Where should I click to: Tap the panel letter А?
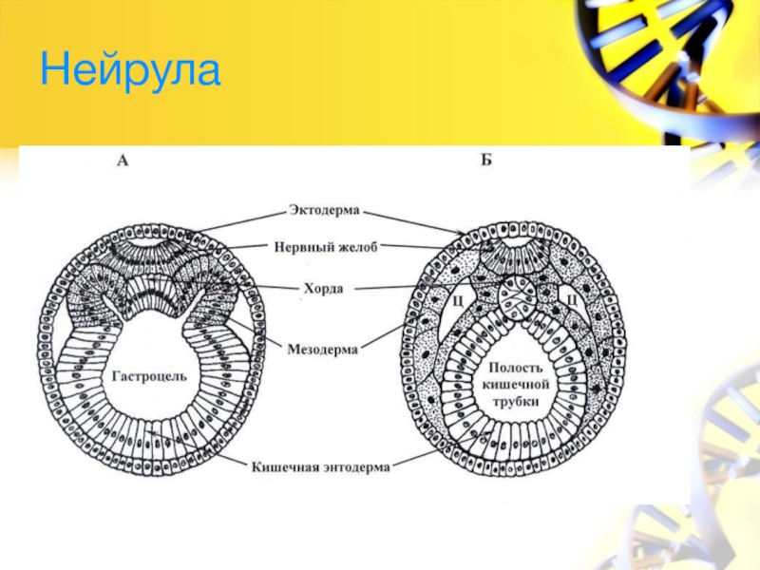pyautogui.click(x=122, y=161)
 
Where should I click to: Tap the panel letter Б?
pyautogui.click(x=485, y=161)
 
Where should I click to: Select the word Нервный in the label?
pyautogui.click(x=301, y=246)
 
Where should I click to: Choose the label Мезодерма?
pyautogui.click(x=323, y=350)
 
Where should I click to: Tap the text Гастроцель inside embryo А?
pyautogui.click(x=150, y=376)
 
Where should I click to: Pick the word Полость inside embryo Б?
pyautogui.click(x=515, y=368)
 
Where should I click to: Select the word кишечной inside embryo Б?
pyautogui.click(x=515, y=385)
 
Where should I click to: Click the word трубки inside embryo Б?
pyautogui.click(x=515, y=402)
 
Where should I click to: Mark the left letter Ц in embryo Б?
pyautogui.click(x=457, y=299)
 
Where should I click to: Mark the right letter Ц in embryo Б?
pyautogui.click(x=573, y=299)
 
